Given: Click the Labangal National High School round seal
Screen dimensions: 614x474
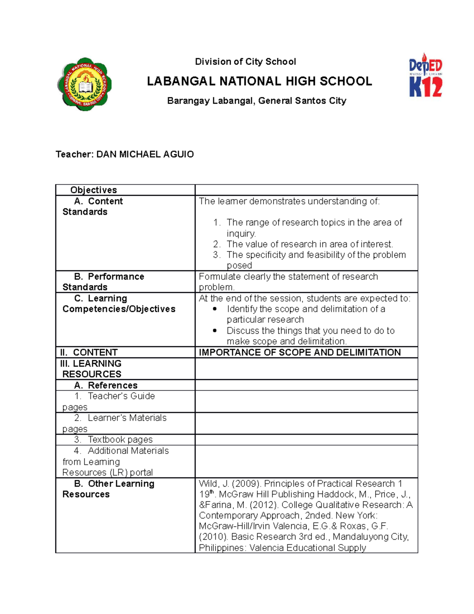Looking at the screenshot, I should click(x=85, y=84).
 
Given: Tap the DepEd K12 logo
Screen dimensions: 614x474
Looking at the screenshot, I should click(x=425, y=76).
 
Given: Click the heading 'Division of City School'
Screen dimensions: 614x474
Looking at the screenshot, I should click(x=245, y=62).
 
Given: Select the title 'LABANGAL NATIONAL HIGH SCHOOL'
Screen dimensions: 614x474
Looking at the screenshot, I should click(x=259, y=81).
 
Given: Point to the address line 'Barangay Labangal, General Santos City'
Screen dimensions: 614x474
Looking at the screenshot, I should click(x=256, y=101).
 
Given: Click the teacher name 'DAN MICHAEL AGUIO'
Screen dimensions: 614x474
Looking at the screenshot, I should click(x=145, y=154).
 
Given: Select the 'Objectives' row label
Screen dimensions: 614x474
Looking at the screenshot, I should click(x=94, y=190).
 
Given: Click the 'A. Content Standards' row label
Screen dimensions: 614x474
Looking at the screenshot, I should click(x=93, y=206).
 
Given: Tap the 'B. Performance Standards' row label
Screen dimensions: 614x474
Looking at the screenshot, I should click(x=103, y=281).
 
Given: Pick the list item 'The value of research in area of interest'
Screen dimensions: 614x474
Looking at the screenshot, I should click(x=309, y=244).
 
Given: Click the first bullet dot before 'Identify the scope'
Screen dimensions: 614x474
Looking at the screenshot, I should click(x=215, y=309).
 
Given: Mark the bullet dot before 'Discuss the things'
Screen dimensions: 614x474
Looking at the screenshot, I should click(x=215, y=331).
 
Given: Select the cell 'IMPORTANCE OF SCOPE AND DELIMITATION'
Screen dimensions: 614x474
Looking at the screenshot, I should click(x=299, y=352).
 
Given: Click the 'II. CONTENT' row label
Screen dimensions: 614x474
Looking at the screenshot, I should click(x=89, y=352).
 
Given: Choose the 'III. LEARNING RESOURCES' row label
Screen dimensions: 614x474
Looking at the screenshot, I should click(x=91, y=368).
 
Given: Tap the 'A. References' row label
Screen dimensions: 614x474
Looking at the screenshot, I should click(x=105, y=385).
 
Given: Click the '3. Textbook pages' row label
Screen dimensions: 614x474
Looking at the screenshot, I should click(x=113, y=440).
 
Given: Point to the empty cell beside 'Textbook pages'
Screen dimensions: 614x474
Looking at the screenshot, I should click(x=306, y=440).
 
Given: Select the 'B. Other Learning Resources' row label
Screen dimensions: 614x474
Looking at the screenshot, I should click(x=109, y=489).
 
